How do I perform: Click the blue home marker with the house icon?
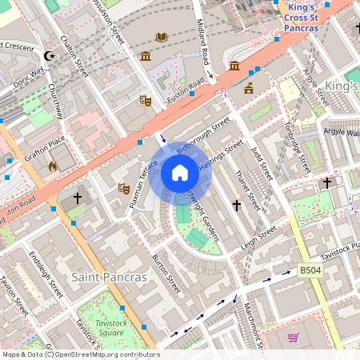[180, 172]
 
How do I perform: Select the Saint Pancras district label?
[109, 277]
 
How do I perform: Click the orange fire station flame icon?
[53, 166]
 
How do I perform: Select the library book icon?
[162, 37]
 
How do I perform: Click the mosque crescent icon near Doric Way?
[50, 56]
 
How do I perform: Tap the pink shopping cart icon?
[293, 338]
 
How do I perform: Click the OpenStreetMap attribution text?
[80, 354]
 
